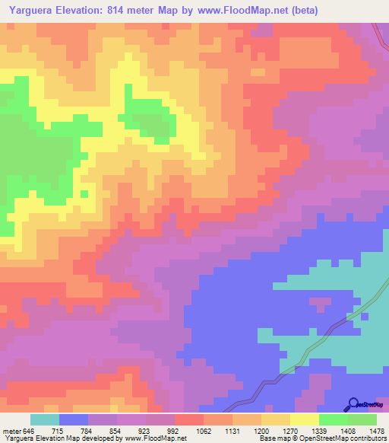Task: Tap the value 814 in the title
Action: [134, 10]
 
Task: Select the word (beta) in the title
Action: [302, 10]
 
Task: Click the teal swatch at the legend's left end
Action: [45, 419]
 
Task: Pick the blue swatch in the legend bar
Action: [74, 419]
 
